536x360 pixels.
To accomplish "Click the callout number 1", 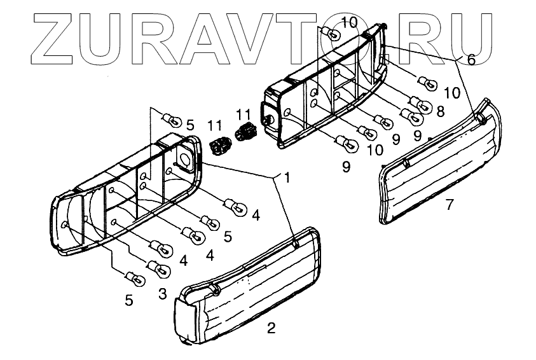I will tap(287, 178).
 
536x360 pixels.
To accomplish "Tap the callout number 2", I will tap(271, 328).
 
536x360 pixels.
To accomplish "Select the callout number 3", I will tap(162, 294).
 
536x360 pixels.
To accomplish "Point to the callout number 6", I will tap(471, 60).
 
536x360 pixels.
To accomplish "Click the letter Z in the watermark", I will tap(61, 37).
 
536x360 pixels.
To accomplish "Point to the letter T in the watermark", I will tap(335, 37).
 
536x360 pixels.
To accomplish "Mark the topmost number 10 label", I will tap(349, 24).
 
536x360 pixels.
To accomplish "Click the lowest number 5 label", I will tap(129, 300).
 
